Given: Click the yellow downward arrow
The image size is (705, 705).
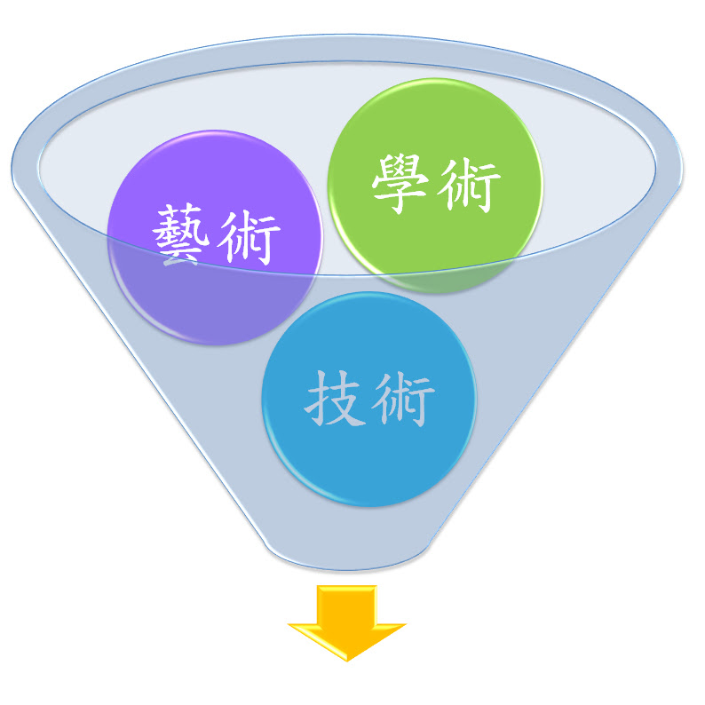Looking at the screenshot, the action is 347,622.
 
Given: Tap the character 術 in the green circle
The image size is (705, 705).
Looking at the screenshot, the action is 470,183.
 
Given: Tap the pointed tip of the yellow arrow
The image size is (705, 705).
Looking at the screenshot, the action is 347,659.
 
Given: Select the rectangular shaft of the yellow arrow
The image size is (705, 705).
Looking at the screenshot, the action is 347,604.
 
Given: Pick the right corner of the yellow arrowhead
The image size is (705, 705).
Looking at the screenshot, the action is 404,624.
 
